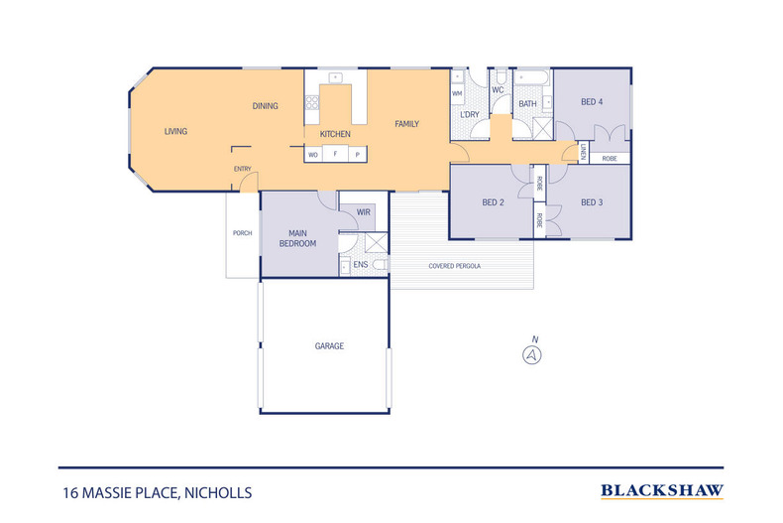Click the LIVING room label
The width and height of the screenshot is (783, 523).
click(175, 131)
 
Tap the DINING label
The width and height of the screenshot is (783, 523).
click(265, 106)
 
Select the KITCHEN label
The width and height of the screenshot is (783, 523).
click(335, 134)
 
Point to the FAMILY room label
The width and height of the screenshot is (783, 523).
click(406, 124)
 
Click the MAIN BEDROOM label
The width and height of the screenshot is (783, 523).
click(297, 238)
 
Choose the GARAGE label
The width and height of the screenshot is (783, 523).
click(329, 346)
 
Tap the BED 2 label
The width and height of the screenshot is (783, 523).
click(494, 202)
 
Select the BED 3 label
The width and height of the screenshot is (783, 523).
click(592, 202)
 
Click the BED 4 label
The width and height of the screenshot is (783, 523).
click(592, 102)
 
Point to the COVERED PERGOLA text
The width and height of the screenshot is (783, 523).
click(455, 266)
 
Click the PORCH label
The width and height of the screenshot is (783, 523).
click(241, 233)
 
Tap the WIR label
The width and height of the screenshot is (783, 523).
click(363, 212)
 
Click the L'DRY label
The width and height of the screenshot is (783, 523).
click(470, 115)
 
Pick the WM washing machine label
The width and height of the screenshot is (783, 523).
click(457, 94)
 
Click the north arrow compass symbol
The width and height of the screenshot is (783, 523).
click(533, 353)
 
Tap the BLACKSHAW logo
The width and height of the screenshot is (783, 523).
click(662, 490)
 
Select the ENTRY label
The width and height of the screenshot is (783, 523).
click(242, 170)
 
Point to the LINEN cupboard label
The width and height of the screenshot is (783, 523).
click(584, 152)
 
